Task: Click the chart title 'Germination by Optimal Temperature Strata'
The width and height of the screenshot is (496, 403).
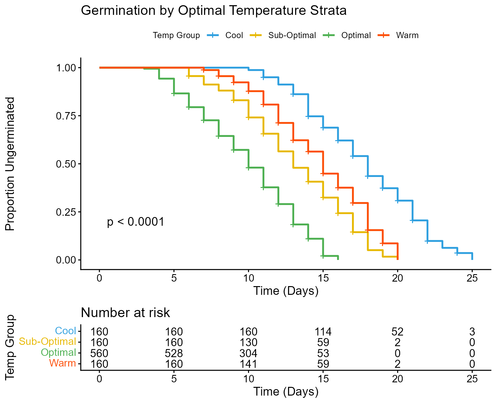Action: tap(213, 11)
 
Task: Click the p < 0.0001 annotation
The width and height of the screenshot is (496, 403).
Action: tap(136, 222)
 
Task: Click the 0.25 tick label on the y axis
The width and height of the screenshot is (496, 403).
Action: tap(66, 212)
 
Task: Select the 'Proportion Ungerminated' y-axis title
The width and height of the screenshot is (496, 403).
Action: tap(10, 164)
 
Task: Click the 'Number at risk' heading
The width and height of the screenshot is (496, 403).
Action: tap(125, 313)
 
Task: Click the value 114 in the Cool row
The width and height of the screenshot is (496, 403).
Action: tap(323, 332)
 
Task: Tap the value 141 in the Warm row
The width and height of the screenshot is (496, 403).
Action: tap(248, 364)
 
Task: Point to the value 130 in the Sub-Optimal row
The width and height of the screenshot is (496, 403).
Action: tap(248, 342)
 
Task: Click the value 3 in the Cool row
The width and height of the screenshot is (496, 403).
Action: tap(472, 332)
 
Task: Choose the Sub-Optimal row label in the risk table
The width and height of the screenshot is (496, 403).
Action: tap(47, 342)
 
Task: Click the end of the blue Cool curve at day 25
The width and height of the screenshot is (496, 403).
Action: tap(472, 259)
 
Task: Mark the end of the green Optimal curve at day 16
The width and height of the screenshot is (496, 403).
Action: tap(338, 259)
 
